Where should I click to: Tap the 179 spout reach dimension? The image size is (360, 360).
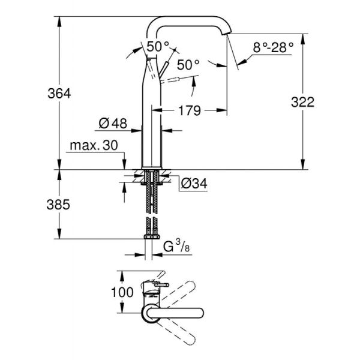click(189, 110)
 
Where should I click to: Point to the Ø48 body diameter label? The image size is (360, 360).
click(112, 123)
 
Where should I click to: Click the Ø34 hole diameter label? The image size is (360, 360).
click(193, 183)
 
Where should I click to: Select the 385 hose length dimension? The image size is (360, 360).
click(59, 204)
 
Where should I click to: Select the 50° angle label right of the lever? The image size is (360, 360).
click(187, 64)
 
